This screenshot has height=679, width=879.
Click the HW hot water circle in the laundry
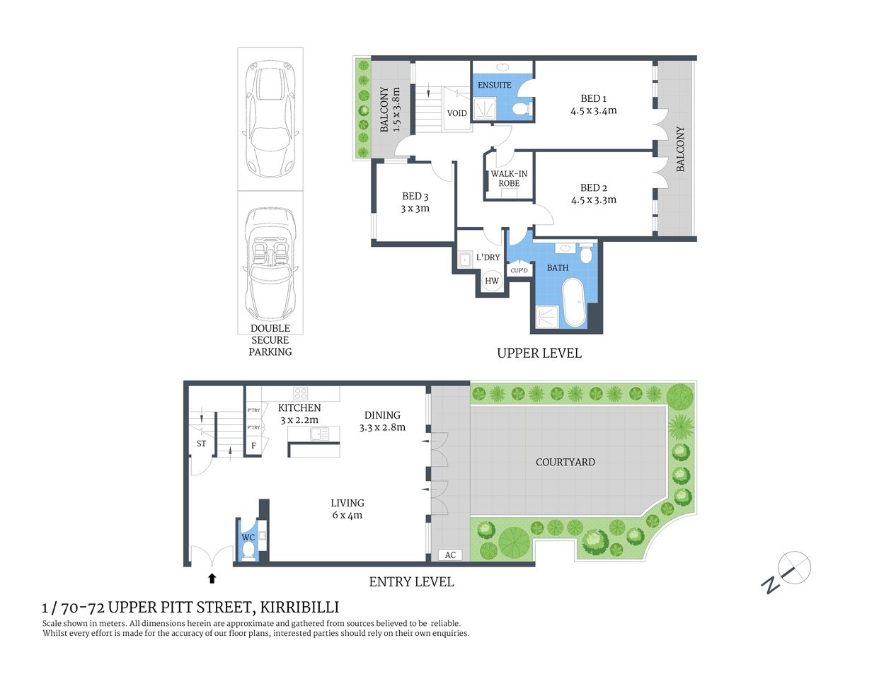(492, 281)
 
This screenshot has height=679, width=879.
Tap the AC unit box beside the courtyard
(450, 555)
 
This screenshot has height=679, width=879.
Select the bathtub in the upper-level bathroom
(573, 302)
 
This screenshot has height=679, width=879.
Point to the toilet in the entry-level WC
(248, 550)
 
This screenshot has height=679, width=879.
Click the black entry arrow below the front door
(212, 579)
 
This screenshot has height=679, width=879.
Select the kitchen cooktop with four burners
(301, 393)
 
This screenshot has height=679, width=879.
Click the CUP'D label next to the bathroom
(519, 271)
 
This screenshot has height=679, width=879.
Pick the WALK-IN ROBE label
(509, 178)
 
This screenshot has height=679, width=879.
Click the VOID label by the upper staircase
(456, 113)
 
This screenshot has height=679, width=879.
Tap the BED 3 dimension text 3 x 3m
(415, 209)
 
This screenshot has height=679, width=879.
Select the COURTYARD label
(565, 462)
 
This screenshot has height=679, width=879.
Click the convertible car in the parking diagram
(270, 265)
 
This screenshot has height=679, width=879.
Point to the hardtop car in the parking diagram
(270, 118)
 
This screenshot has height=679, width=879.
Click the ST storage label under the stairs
(202, 443)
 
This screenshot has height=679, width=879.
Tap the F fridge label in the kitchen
(253, 446)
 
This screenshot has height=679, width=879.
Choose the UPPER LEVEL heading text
(539, 353)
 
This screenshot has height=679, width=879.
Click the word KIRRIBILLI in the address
(299, 607)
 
